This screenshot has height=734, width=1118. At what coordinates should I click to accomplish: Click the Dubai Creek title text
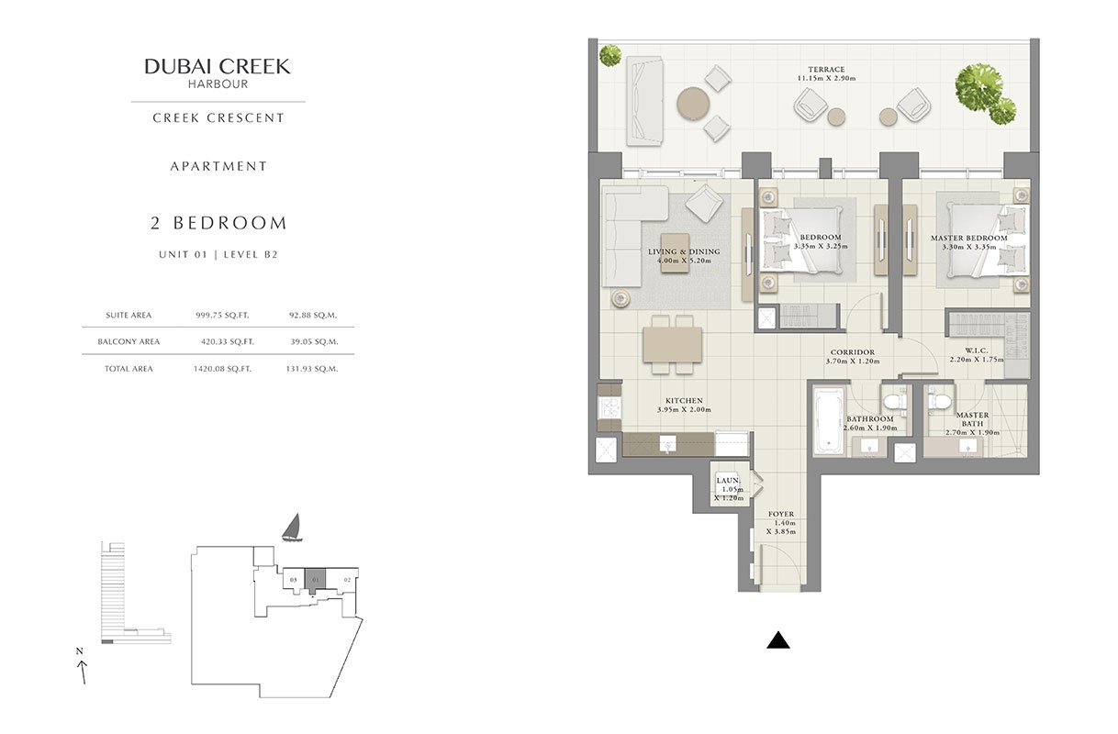point(218,67)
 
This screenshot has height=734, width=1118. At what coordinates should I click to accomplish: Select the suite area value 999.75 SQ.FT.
point(222,316)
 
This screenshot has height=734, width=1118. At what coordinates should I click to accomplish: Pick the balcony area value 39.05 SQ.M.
point(314,342)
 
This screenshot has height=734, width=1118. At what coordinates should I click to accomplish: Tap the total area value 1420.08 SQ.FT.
point(222,369)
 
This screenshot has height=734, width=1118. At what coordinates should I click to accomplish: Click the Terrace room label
point(826,70)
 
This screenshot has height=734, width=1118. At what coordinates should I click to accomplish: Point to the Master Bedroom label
point(968,238)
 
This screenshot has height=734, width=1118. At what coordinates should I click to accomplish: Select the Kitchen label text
point(684,401)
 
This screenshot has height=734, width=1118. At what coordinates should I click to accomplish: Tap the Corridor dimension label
point(853,361)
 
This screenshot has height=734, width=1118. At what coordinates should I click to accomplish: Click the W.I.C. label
point(977,350)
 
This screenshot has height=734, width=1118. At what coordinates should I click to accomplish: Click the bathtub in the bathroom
point(829,422)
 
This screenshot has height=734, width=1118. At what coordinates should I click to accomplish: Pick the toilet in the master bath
point(939,401)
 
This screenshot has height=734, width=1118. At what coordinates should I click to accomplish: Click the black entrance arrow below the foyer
point(778,640)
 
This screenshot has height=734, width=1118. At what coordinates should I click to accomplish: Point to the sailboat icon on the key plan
point(292,528)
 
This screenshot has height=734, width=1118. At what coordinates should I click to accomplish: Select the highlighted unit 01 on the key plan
point(315,579)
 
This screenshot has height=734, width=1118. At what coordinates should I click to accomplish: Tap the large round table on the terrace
point(693,104)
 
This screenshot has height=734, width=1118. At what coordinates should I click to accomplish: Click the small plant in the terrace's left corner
point(609,55)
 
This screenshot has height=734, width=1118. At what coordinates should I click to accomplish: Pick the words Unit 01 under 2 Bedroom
point(183,254)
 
